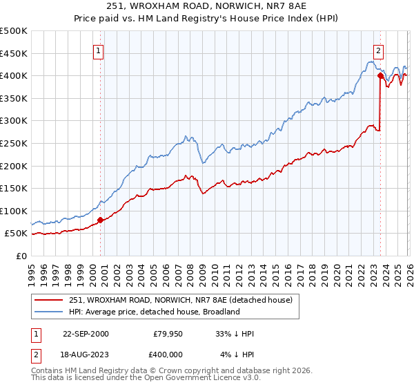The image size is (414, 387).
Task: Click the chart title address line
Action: tap(207, 6)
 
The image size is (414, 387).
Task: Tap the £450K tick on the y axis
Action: tap(14, 53)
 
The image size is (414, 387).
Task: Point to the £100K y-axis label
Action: tap(14, 211)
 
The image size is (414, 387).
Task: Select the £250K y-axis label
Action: tap(14, 143)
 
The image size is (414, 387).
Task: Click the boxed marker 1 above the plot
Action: tap(99, 50)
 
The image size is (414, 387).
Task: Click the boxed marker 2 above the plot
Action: tap(379, 50)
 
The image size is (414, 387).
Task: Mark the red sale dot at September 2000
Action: tap(101, 220)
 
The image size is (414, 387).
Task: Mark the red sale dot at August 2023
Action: tap(380, 76)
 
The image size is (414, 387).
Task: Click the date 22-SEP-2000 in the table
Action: tap(86, 334)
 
